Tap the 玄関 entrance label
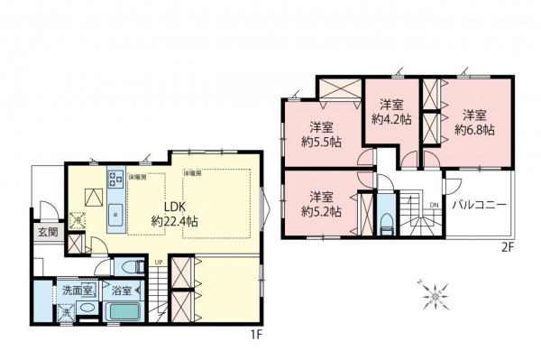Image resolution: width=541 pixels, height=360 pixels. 47,232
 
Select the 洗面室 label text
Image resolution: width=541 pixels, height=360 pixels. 78,291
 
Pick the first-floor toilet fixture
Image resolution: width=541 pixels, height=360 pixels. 130,267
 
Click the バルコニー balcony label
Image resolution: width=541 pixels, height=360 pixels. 479,204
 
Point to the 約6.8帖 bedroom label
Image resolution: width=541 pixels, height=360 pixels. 474,123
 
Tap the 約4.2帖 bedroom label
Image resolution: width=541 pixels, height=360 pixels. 391,111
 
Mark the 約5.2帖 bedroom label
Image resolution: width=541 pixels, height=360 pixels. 322,204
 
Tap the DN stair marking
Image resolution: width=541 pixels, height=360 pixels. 434,205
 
